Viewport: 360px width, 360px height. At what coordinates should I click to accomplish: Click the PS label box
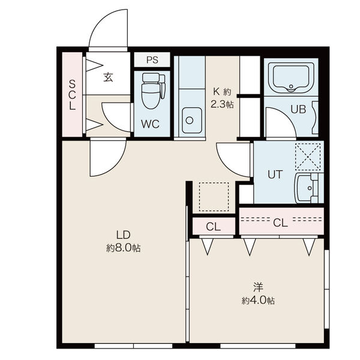152,59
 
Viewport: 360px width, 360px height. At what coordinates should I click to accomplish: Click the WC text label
151,124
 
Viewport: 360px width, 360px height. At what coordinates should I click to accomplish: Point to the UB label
298,109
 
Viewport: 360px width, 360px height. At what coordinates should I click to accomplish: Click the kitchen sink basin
192,120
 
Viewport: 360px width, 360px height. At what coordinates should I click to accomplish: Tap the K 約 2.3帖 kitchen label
222,98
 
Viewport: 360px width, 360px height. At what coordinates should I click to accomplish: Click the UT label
275,174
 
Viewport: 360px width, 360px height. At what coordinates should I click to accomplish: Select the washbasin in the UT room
307,188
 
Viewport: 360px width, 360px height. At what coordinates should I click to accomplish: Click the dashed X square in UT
308,157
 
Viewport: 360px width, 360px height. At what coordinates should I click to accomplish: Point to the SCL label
72,95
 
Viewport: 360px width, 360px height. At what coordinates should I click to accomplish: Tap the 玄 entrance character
108,77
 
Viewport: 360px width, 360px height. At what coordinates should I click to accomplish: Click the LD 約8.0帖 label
123,242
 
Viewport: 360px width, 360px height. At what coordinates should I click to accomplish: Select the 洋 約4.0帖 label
258,294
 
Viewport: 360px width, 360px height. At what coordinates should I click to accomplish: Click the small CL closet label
213,227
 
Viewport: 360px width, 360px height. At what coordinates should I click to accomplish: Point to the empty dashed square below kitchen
214,197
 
